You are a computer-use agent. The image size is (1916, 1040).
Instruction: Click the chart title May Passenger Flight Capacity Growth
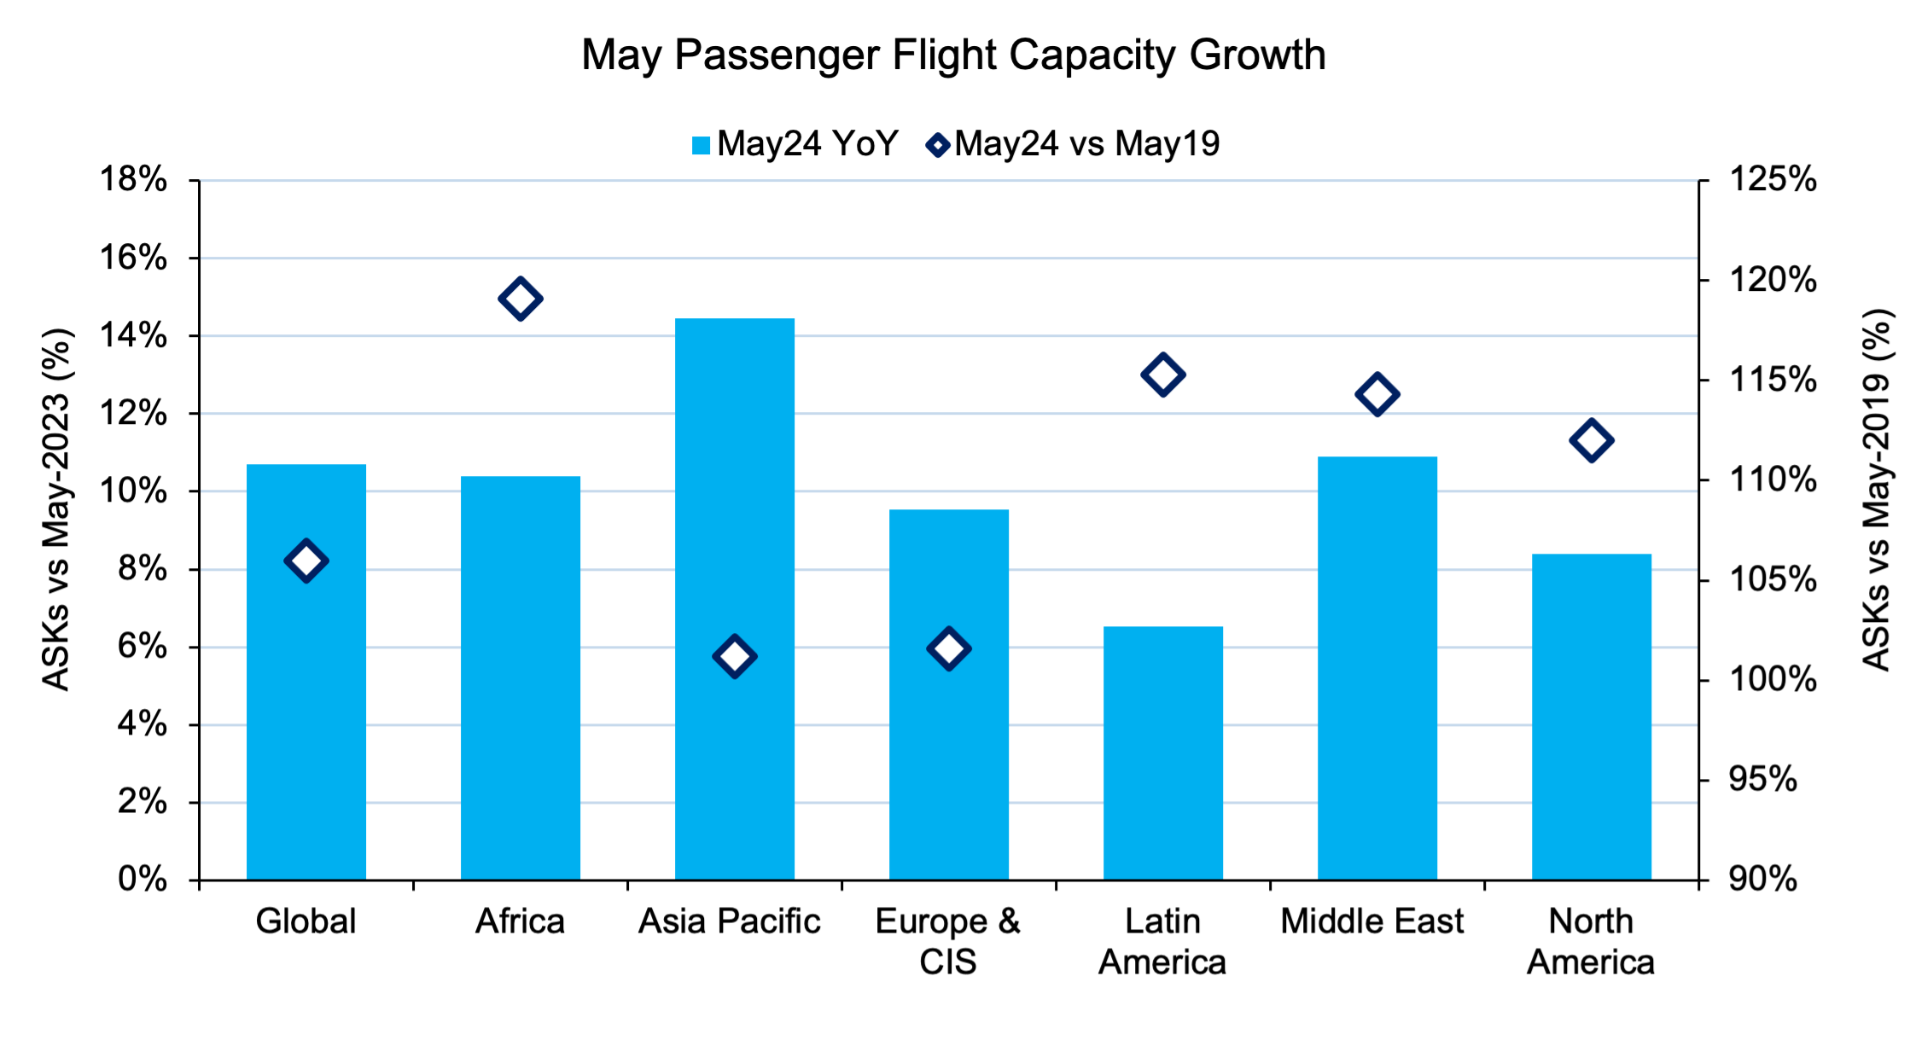pos(953,55)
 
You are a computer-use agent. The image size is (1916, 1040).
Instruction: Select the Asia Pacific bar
pos(735,597)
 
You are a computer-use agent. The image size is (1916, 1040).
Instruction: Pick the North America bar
pos(1591,717)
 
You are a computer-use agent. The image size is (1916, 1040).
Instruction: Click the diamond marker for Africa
pos(521,299)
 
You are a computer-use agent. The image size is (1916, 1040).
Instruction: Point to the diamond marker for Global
pos(306,561)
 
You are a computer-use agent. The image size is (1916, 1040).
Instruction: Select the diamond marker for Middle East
pos(1377,395)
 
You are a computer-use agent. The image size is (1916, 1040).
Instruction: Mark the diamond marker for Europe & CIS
pos(948,649)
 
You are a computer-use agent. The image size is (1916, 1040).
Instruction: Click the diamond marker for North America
pos(1591,441)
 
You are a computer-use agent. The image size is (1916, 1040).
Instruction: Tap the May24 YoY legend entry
pos(795,144)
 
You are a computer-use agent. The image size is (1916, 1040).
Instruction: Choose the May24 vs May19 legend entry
pos(1074,144)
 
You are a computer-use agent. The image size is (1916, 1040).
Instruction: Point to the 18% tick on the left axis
pos(133,180)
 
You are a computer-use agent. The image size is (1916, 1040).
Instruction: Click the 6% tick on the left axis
pos(142,647)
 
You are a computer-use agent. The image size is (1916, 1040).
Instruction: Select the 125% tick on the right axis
pos(1773,180)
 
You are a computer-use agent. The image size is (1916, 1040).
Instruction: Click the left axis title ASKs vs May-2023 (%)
pos(56,509)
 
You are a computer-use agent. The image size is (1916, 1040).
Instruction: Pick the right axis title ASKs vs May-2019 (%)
pos(1877,491)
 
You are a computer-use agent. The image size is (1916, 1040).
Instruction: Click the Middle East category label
pos(1371,921)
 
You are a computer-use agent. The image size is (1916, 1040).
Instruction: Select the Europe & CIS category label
pos(947,941)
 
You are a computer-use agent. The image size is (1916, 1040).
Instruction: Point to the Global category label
pos(306,921)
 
